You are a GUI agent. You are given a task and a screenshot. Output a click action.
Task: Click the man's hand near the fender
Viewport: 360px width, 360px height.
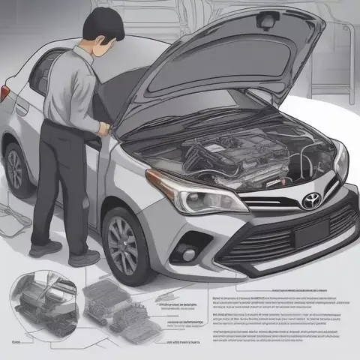coord(103,128)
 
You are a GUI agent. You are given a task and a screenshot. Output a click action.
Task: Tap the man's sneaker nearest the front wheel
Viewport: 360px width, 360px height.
coord(85,256)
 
